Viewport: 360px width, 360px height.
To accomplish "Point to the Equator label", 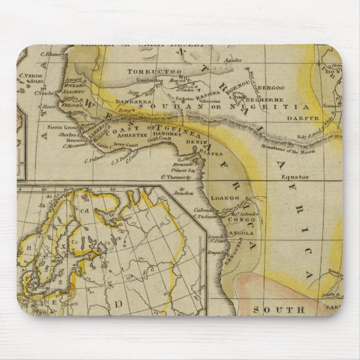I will tap(295, 177).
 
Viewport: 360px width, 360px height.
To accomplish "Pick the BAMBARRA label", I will tap(130, 102).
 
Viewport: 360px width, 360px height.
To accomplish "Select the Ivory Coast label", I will tap(126, 145).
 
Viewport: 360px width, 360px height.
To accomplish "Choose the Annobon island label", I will tap(184, 193).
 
